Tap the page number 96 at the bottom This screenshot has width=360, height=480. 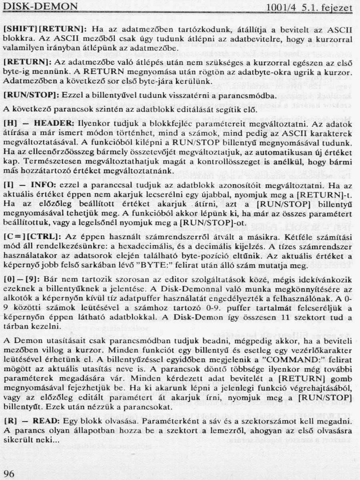pos(9,474)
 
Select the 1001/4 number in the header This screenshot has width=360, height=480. pos(280,7)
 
